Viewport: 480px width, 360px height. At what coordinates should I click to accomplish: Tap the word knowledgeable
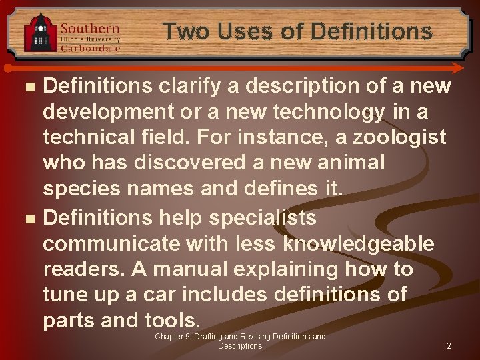pyautogui.click(x=359, y=243)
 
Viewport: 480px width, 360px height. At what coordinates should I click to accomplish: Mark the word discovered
pyautogui.click(x=222, y=163)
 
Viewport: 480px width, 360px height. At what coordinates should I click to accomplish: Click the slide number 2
pyautogui.click(x=449, y=346)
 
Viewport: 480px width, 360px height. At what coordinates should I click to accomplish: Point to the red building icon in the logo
pyautogui.click(x=41, y=33)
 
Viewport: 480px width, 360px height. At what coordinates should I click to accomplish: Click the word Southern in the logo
pyautogui.click(x=90, y=29)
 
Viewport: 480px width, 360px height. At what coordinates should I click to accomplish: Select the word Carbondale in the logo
pyautogui.click(x=90, y=47)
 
